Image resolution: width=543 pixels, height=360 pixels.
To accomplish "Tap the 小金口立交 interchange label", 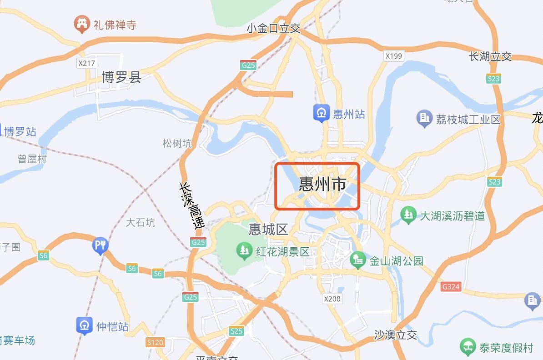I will pos(274,28).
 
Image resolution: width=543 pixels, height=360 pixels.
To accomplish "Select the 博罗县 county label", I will pos(121,78).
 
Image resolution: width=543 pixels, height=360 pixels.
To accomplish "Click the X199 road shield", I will pos(393,56).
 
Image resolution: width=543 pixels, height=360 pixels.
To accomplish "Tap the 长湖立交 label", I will pos(490,56).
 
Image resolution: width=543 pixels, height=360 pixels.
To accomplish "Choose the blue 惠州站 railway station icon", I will pos(321,113).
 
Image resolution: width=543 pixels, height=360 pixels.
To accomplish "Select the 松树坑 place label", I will pos(177,144).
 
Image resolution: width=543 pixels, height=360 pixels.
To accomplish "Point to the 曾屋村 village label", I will pos(32,159).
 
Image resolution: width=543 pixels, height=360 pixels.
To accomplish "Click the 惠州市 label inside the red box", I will pos(322,185).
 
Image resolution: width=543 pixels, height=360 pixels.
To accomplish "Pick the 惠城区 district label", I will pos(268,229).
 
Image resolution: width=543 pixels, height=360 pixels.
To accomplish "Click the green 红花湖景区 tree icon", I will pos(245,250).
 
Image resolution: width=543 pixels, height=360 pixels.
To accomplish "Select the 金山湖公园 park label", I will pos(396,261).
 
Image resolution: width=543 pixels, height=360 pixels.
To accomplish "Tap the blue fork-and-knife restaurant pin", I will pos(100,245).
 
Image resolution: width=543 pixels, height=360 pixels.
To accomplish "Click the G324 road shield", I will pos(451,287).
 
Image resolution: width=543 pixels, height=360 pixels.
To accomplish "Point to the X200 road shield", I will pos(332,299).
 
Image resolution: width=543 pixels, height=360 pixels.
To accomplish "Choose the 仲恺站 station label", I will pos(112,326).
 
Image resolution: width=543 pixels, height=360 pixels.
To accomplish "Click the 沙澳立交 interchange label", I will pos(395,335).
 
